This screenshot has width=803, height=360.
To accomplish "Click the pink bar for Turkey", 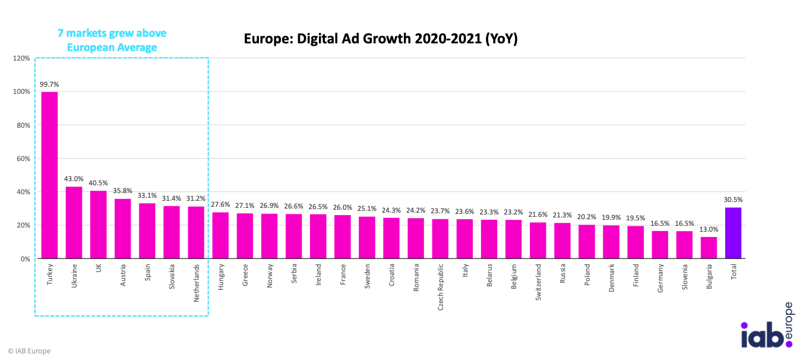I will (49, 175).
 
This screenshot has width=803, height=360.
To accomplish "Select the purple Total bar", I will (733, 233).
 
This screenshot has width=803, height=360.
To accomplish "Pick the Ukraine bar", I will (74, 223).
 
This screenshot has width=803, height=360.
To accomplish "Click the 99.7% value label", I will (49, 84).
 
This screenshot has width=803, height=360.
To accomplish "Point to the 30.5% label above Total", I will (733, 200).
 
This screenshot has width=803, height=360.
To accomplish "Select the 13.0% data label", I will (709, 229).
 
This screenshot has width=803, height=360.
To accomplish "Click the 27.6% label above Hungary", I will (220, 205).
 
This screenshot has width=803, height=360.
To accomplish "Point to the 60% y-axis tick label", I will (23, 159).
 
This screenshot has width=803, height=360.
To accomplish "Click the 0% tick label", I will (25, 259).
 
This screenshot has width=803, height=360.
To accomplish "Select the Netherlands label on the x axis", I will (196, 284).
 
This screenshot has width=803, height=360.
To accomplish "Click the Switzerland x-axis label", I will (538, 282).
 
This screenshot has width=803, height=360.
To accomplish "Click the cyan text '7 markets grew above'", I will (112, 34).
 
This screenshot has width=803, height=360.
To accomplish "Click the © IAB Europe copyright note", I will (29, 351).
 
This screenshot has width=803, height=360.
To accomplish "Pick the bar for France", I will (343, 237).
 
